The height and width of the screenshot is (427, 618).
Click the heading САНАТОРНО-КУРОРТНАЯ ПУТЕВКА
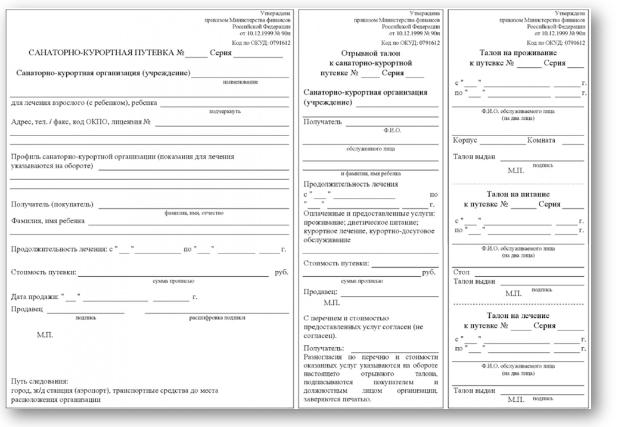point(102,53)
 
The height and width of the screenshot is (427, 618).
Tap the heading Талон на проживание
point(516,52)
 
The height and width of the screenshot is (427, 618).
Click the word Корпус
point(465,140)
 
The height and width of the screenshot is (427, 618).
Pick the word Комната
point(541,140)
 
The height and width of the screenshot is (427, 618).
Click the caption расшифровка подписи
point(217,318)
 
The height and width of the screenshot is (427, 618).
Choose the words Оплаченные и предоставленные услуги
point(369,213)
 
